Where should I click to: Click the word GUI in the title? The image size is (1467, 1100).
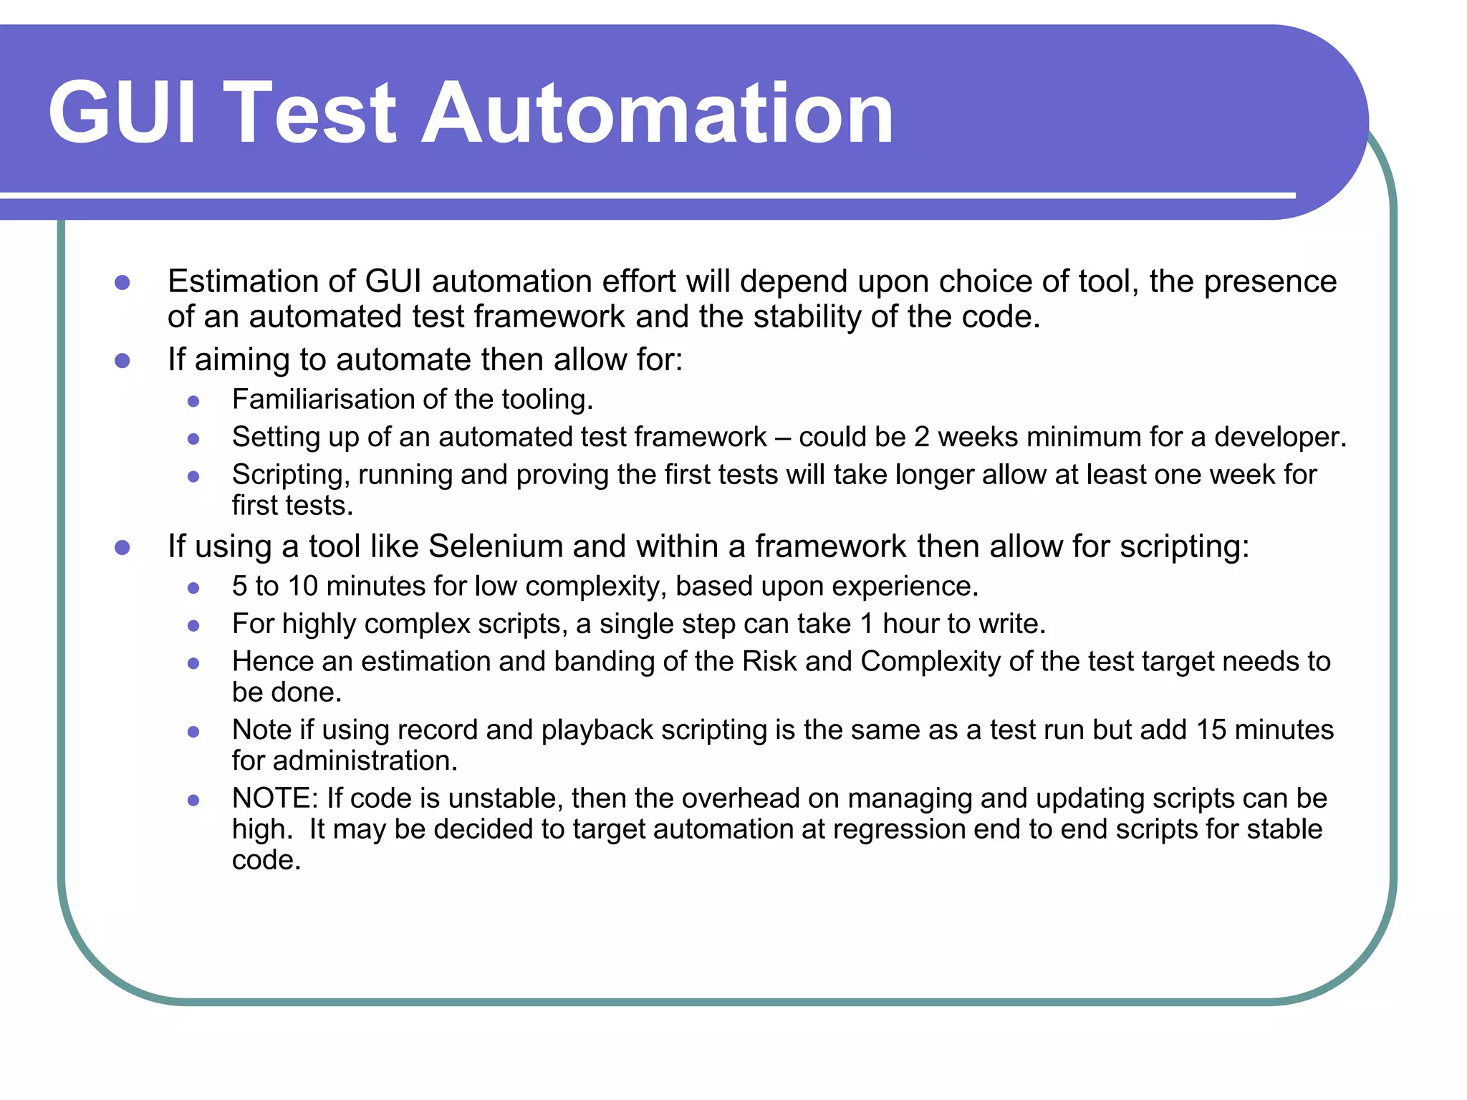(x=122, y=113)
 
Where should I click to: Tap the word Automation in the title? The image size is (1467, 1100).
(x=657, y=113)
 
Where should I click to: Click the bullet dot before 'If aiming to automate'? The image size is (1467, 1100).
(x=122, y=360)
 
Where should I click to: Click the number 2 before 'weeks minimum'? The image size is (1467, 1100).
(x=921, y=437)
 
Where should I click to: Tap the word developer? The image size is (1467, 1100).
(x=1280, y=437)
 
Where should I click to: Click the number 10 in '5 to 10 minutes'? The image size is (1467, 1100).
(x=303, y=587)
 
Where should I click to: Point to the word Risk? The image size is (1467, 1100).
(x=769, y=662)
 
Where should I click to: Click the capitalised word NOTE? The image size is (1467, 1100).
(x=275, y=799)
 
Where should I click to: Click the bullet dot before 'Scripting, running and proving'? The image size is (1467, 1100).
(x=193, y=476)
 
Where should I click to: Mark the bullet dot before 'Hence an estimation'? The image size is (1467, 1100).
(x=193, y=663)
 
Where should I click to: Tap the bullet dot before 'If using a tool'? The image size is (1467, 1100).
(x=122, y=548)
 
